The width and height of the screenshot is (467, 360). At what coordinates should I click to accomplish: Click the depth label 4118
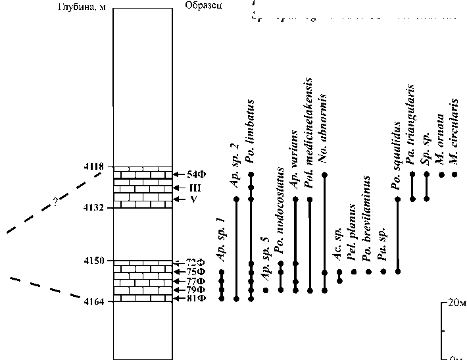pyautogui.click(x=95, y=168)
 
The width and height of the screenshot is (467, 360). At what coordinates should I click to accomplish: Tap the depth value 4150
pyautogui.click(x=95, y=261)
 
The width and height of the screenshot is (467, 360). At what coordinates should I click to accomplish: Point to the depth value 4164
pyautogui.click(x=95, y=301)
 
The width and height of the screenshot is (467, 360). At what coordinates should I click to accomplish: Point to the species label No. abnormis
pyautogui.click(x=324, y=136)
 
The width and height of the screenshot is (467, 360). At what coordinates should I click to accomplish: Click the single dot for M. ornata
pyautogui.click(x=441, y=174)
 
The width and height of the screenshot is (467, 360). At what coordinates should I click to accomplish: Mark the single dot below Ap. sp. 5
pyautogui.click(x=266, y=290)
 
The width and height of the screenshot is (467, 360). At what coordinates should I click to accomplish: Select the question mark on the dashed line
pyautogui.click(x=55, y=201)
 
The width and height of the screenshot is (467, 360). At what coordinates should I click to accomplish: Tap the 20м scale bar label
pyautogui.click(x=454, y=304)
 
